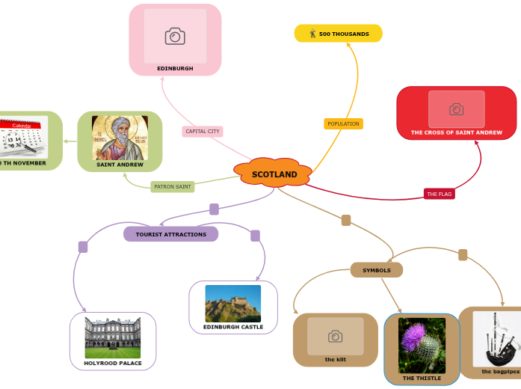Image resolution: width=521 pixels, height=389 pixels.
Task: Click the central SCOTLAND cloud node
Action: (x=274, y=174)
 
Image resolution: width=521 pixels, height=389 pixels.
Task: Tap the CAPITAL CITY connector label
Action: (x=203, y=132)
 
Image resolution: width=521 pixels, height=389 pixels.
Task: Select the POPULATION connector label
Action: (x=343, y=123)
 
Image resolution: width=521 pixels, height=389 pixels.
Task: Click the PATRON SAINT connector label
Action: (x=173, y=186)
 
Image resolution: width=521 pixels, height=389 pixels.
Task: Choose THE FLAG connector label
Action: (x=440, y=194)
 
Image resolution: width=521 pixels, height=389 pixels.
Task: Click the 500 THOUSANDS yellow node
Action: (x=339, y=34)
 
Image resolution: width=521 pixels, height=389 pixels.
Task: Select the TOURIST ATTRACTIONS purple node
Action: (x=170, y=234)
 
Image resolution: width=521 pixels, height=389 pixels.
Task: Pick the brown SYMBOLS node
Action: (x=377, y=270)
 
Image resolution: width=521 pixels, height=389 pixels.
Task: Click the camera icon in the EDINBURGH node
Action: (x=175, y=36)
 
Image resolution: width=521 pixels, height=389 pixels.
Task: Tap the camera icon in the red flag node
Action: (x=456, y=109)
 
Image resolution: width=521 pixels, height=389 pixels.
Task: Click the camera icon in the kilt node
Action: (x=336, y=337)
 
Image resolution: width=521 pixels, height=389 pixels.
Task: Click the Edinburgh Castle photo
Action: (x=233, y=303)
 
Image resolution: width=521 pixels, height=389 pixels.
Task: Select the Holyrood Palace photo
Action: (x=113, y=337)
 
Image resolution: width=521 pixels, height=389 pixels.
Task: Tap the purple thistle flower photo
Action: (x=422, y=345)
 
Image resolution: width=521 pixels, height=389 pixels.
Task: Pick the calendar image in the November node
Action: (x=22, y=136)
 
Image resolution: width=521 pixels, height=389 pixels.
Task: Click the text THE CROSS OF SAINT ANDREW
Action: (x=456, y=132)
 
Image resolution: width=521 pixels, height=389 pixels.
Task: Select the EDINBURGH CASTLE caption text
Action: (x=233, y=327)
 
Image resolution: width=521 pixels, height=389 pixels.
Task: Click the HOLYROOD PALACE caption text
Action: (x=113, y=363)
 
